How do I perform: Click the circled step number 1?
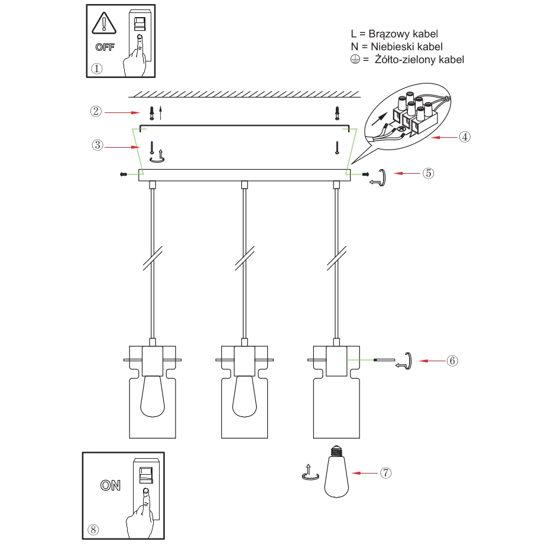click(x=97, y=69)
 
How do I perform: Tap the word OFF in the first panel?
click(x=105, y=47)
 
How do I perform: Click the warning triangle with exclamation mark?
click(x=104, y=23)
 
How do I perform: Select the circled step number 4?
click(x=465, y=137)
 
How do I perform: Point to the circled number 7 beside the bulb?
click(x=385, y=473)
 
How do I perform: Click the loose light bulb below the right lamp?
click(x=336, y=471)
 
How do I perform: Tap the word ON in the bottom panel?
click(x=111, y=485)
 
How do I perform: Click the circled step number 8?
click(x=93, y=530)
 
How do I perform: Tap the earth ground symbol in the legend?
click(x=355, y=60)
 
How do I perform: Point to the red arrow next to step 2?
click(x=122, y=112)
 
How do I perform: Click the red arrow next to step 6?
click(x=432, y=361)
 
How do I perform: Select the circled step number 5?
click(x=428, y=173)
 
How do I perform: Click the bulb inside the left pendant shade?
click(x=153, y=396)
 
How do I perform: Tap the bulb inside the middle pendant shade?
click(x=244, y=396)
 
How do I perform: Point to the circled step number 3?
click(x=98, y=145)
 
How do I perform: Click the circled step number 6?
click(x=452, y=361)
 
